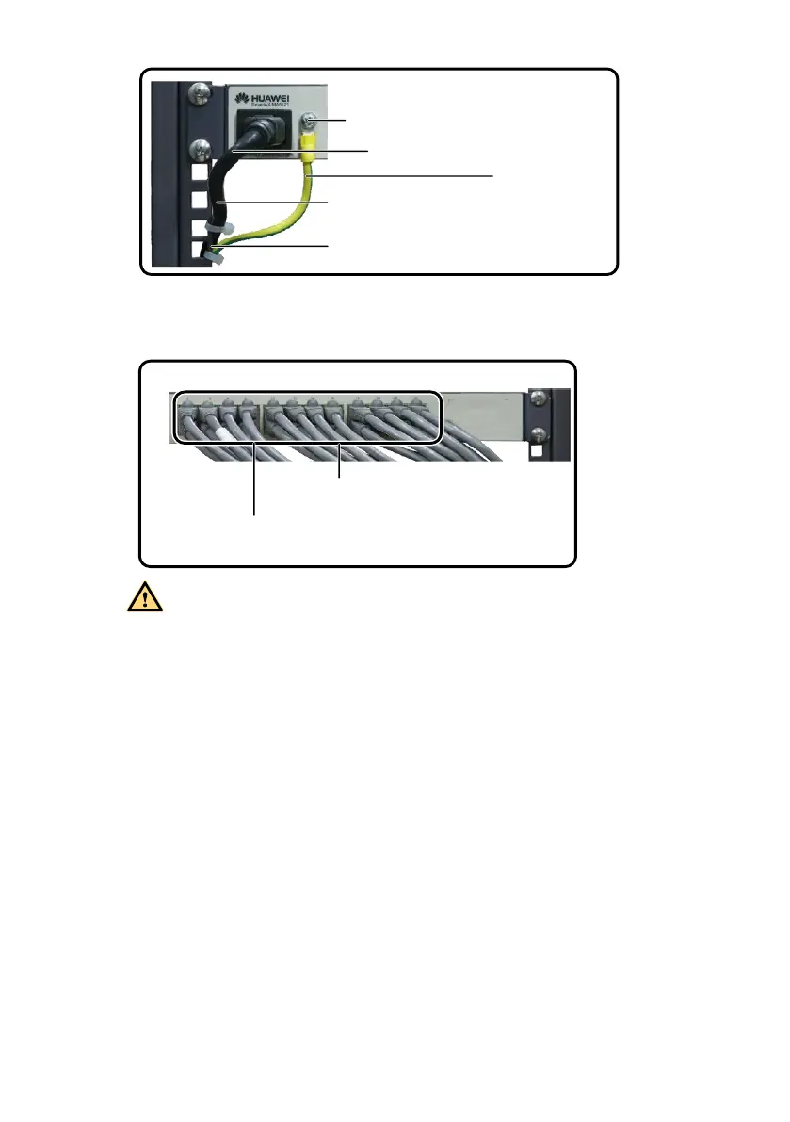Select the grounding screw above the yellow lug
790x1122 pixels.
[x=307, y=121]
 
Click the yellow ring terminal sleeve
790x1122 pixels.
[x=307, y=144]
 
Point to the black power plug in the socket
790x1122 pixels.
[x=263, y=126]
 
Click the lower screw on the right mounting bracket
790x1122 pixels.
[x=539, y=434]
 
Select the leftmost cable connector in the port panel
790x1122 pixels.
[x=185, y=409]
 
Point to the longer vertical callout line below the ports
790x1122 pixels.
[x=254, y=480]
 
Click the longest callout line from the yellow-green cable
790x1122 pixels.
[x=400, y=175]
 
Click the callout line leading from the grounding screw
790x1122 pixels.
[x=331, y=121]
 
